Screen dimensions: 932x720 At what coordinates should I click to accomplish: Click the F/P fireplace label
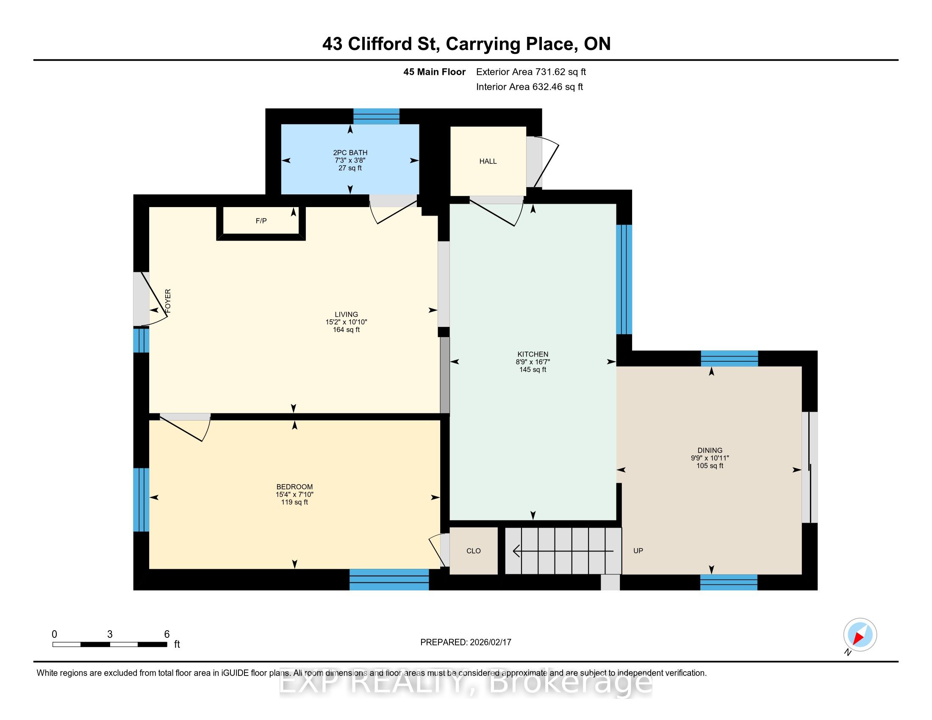261,221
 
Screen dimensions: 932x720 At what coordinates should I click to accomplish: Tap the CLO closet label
474,551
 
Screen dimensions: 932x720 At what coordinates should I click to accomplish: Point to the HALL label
488,161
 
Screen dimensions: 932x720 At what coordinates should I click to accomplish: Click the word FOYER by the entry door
168,301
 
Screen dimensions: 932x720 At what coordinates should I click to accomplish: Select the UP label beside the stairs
638,551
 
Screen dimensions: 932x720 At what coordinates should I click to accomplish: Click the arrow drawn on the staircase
563,551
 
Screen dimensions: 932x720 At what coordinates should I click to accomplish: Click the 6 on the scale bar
167,634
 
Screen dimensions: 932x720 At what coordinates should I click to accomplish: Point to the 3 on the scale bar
110,634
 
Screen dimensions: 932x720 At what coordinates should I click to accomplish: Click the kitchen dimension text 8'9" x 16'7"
533,362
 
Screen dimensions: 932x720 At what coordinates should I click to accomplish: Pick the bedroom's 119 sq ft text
294,502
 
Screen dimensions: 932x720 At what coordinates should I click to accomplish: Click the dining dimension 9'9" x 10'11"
710,459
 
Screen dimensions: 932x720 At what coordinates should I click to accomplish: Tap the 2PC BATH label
350,153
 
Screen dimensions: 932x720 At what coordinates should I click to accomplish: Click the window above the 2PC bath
376,116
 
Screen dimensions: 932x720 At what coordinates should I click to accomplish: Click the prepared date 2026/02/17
490,642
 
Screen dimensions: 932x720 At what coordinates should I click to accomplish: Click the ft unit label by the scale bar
177,645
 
